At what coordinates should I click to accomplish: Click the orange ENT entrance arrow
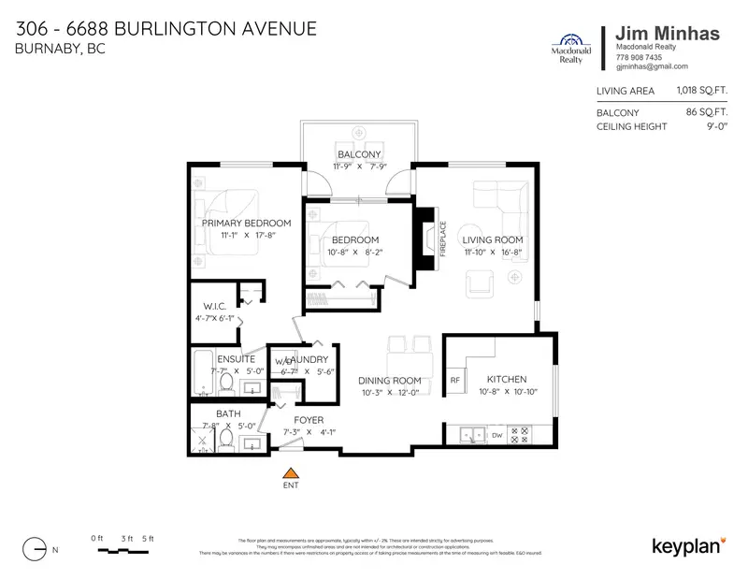(291, 472)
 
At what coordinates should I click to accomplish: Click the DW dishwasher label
(497, 434)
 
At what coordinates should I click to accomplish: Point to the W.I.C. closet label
(217, 306)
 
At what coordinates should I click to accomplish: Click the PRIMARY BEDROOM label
(246, 223)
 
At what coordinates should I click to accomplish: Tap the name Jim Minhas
(668, 34)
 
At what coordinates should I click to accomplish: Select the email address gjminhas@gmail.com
(652, 67)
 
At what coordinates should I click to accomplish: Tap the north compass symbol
(34, 548)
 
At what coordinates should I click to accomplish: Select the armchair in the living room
(478, 282)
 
